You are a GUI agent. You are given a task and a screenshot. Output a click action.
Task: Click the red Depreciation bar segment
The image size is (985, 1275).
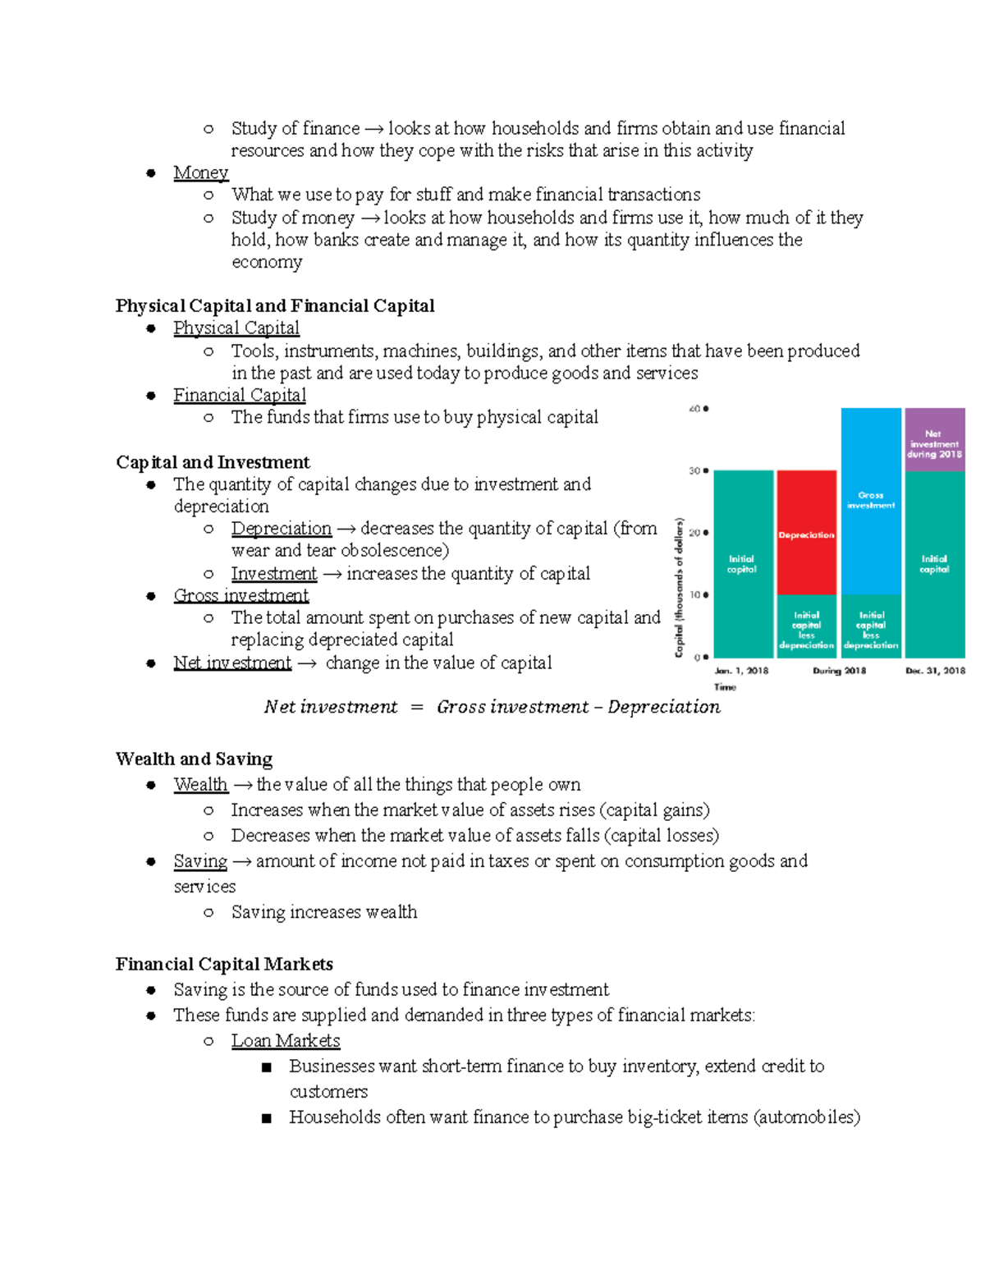click(806, 532)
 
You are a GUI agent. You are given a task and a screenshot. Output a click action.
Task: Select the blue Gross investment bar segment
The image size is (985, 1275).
click(870, 500)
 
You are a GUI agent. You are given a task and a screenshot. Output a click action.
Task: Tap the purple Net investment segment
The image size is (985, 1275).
click(934, 440)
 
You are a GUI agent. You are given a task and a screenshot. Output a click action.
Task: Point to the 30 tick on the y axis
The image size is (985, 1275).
click(699, 471)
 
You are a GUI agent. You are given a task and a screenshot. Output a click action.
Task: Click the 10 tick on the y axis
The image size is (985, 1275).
click(699, 595)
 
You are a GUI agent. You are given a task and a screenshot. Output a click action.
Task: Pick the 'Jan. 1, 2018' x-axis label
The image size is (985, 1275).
click(741, 671)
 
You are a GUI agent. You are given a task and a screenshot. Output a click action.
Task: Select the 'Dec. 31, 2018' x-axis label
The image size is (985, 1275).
click(935, 671)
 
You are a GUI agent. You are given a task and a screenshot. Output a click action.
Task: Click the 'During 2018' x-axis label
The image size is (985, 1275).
click(839, 671)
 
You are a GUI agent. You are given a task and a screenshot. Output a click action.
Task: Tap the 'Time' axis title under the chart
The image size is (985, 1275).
click(725, 687)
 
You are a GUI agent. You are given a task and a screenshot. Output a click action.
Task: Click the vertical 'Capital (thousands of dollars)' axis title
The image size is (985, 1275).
click(679, 587)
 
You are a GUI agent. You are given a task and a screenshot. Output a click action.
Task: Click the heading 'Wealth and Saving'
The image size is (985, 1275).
click(194, 759)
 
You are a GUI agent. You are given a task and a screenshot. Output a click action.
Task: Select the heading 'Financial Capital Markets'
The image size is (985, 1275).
click(224, 964)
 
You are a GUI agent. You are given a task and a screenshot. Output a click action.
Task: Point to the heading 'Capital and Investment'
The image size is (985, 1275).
click(213, 462)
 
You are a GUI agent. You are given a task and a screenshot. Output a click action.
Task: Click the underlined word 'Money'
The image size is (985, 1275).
click(200, 172)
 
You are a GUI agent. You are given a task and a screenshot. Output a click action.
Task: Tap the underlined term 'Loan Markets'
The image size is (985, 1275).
click(285, 1041)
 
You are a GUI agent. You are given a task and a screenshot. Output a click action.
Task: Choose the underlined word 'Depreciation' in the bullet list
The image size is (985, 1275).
click(281, 529)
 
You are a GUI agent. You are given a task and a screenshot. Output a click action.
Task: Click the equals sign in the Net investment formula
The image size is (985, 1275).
click(417, 708)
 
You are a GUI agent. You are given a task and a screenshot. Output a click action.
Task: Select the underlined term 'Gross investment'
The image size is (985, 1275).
click(241, 595)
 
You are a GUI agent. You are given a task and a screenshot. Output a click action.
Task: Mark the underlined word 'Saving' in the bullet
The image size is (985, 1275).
click(200, 861)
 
